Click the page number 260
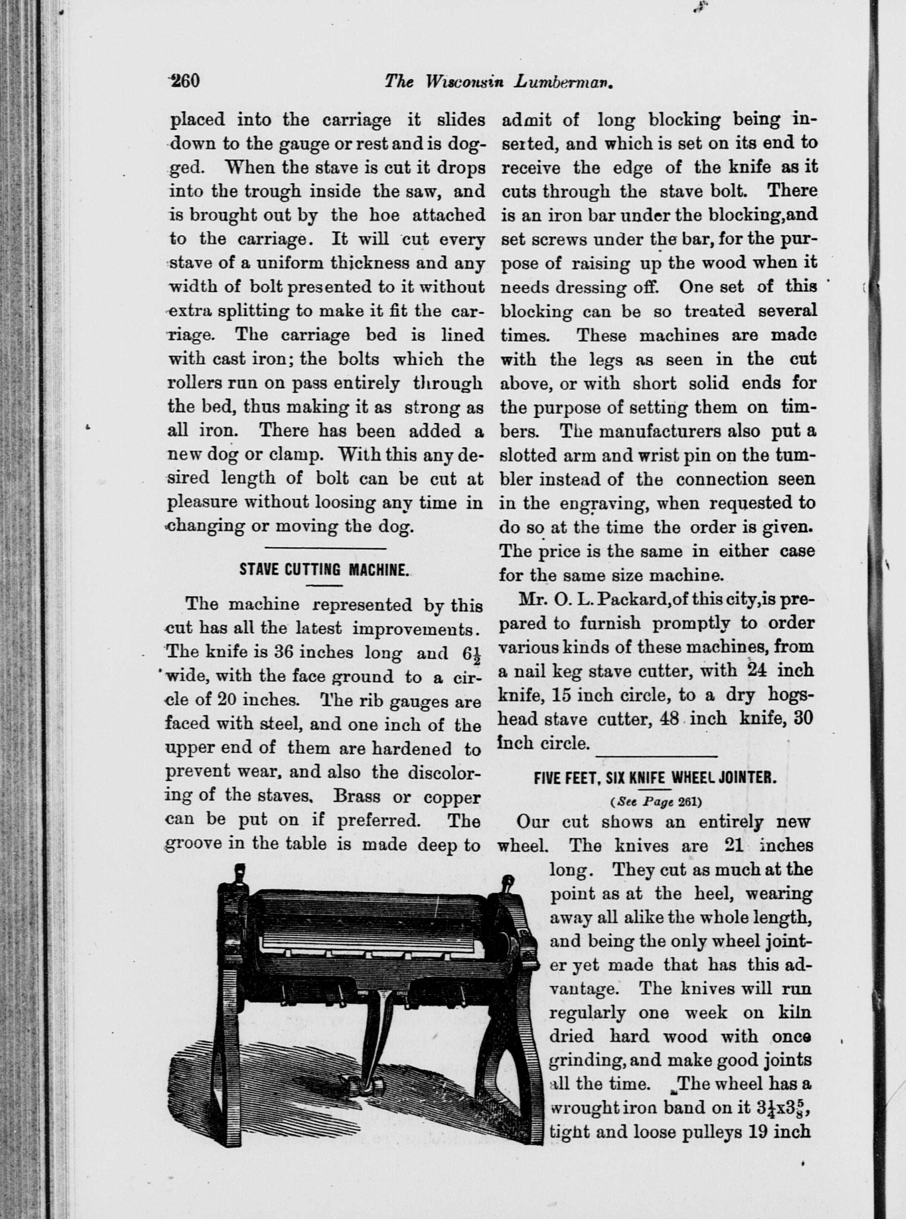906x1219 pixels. (184, 81)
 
